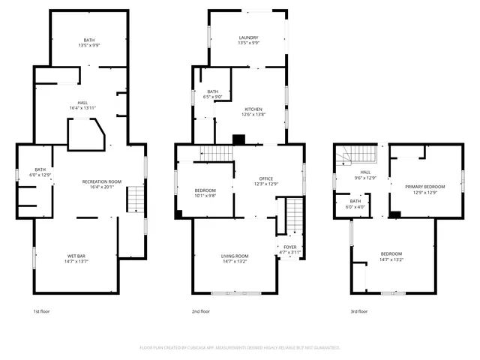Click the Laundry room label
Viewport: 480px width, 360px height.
tap(248, 37)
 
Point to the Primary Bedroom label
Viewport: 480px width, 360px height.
tap(425, 187)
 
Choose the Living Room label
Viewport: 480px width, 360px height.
tap(235, 256)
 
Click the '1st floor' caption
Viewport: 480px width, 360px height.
tap(40, 311)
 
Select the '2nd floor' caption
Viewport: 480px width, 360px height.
tap(200, 311)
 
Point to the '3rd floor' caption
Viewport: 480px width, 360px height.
tap(359, 311)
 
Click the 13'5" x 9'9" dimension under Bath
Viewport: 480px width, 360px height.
tap(89, 46)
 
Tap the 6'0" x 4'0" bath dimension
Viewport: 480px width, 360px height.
tap(355, 206)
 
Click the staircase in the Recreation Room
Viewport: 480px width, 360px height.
tap(135, 199)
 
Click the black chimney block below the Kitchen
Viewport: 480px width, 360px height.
tap(239, 139)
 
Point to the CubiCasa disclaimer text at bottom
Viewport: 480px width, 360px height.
tap(240, 347)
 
